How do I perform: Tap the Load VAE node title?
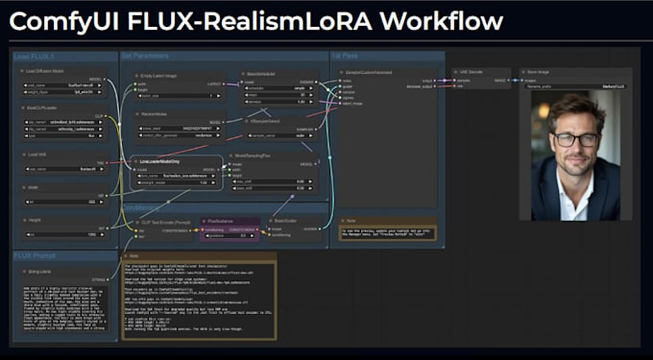[36, 154]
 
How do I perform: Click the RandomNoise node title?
[154, 115]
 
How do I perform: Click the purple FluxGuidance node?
[231, 227]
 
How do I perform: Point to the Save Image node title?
[542, 73]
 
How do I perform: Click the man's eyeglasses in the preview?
[575, 139]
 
